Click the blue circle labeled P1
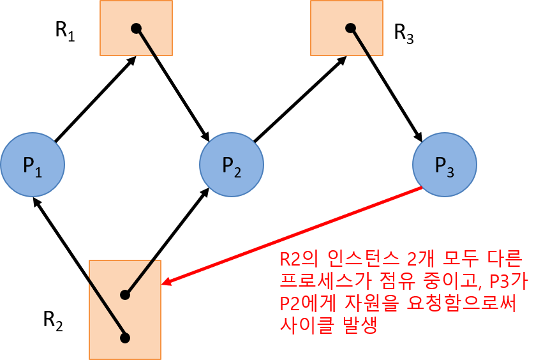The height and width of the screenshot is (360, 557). pyautogui.click(x=33, y=165)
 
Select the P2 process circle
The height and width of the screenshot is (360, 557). pyautogui.click(x=232, y=165)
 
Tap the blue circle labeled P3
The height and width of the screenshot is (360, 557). pyautogui.click(x=444, y=165)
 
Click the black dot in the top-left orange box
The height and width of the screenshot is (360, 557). pyautogui.click(x=136, y=28)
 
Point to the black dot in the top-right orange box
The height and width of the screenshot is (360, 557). pyautogui.click(x=350, y=28)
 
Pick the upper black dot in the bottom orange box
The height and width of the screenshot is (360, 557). pyautogui.click(x=125, y=295)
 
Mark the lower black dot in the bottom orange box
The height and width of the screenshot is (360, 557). pyautogui.click(x=125, y=338)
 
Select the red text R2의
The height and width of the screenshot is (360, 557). pyautogui.click(x=297, y=260)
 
